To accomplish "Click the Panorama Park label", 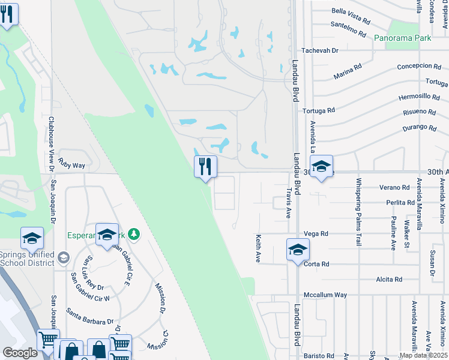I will pyautogui.click(x=402, y=38).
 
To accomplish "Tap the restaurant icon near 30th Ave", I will pyautogui.click(x=205, y=166).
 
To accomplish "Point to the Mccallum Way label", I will pyautogui.click(x=325, y=295).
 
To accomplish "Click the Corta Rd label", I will pyautogui.click(x=316, y=264).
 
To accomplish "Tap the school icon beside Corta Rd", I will pyautogui.click(x=297, y=249).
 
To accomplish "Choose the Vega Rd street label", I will pyautogui.click(x=316, y=233).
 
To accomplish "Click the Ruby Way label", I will pyautogui.click(x=71, y=165).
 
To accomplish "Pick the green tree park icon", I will pyautogui.click(x=136, y=234).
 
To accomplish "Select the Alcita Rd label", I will pyautogui.click(x=389, y=279).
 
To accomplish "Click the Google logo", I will pyautogui.click(x=20, y=353).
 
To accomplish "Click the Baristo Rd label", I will pyautogui.click(x=318, y=356).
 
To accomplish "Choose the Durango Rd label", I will pyautogui.click(x=420, y=127).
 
